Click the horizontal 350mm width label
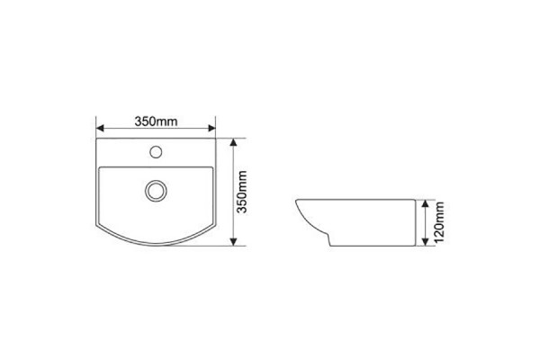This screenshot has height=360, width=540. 156,121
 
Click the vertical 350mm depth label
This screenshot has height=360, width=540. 242,192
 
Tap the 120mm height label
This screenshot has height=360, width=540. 439,222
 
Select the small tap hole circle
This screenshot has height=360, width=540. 156,151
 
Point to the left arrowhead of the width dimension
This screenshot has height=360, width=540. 100,128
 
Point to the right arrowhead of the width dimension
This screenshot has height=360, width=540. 211,128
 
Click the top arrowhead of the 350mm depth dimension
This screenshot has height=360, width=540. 233,142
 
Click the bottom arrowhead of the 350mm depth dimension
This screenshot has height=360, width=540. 233,242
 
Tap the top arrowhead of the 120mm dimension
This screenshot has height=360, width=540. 426,203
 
